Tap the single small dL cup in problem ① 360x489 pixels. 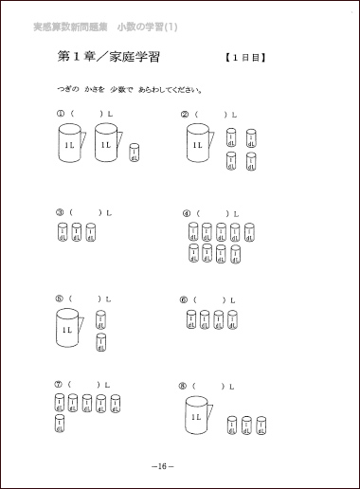135,154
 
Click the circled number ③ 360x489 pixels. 60,212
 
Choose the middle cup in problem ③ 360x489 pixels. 76,232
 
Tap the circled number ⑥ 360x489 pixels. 183,299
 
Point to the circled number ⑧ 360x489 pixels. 182,387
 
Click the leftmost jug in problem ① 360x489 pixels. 69,148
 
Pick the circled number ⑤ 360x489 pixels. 60,299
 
